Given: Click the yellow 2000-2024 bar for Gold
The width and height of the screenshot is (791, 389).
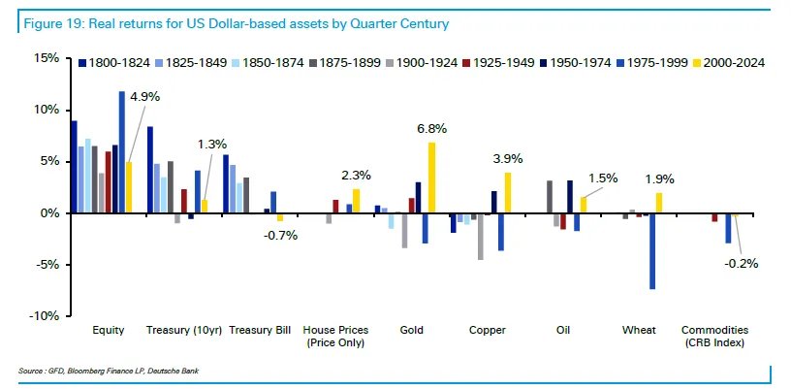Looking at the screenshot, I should pos(432,178).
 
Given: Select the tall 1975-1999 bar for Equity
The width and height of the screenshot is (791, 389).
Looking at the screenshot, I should pos(122,152).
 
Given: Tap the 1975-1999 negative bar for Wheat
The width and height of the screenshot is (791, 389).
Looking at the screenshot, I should pos(652,251).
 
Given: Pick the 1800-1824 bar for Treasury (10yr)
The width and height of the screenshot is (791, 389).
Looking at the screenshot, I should pos(150,170).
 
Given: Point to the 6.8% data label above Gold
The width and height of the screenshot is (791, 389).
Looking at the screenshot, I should pos(431,129).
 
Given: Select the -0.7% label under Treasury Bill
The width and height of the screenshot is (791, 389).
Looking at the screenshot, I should pos(282,237).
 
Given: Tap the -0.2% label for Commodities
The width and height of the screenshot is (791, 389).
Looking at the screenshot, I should pos(742,263).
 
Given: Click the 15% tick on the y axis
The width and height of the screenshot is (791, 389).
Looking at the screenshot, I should pos(46,58).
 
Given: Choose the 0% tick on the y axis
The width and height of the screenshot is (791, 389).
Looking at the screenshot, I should pos(48,213).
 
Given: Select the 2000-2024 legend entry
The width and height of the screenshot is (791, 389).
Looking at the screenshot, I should pos(730,63).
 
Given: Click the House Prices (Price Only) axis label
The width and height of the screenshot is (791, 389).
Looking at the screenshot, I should pos(334,337).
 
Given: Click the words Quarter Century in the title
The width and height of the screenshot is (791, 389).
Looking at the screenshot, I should pos(402,21).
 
